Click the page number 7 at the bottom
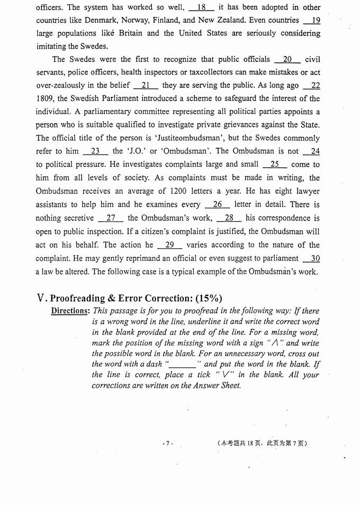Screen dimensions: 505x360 (x=167, y=443)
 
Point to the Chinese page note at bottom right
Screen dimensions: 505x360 (x=262, y=443)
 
